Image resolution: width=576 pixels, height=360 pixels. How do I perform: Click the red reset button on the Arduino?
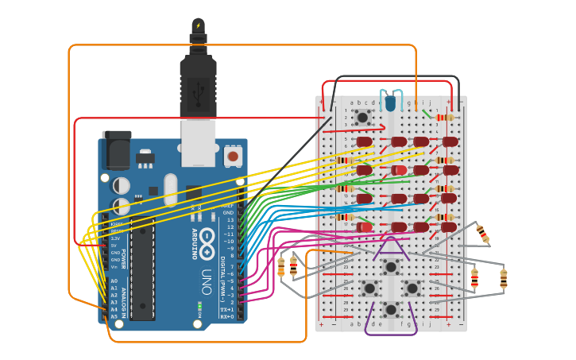tap(233, 157)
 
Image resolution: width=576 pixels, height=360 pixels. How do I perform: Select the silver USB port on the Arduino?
tap(198, 143)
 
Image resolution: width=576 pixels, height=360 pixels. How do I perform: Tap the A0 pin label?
tap(114, 281)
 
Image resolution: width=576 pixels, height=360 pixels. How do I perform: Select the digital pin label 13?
tap(230, 219)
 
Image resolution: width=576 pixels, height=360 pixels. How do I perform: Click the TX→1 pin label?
tap(227, 309)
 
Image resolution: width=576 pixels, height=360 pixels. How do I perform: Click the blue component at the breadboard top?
tap(389, 103)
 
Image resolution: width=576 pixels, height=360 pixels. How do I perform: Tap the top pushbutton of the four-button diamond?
tap(391, 266)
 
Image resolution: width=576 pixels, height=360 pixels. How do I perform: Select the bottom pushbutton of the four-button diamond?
tap(391, 308)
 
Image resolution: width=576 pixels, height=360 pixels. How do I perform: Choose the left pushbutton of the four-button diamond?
tap(369, 288)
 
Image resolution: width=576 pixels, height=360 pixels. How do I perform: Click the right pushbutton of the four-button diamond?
tap(412, 288)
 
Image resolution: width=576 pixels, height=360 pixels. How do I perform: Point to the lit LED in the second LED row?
tap(399, 170)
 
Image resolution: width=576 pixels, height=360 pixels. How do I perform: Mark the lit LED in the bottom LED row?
tap(365, 227)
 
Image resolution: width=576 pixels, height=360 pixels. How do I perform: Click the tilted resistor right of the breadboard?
tap(482, 234)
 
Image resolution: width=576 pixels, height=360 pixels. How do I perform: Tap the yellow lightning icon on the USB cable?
tap(198, 25)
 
